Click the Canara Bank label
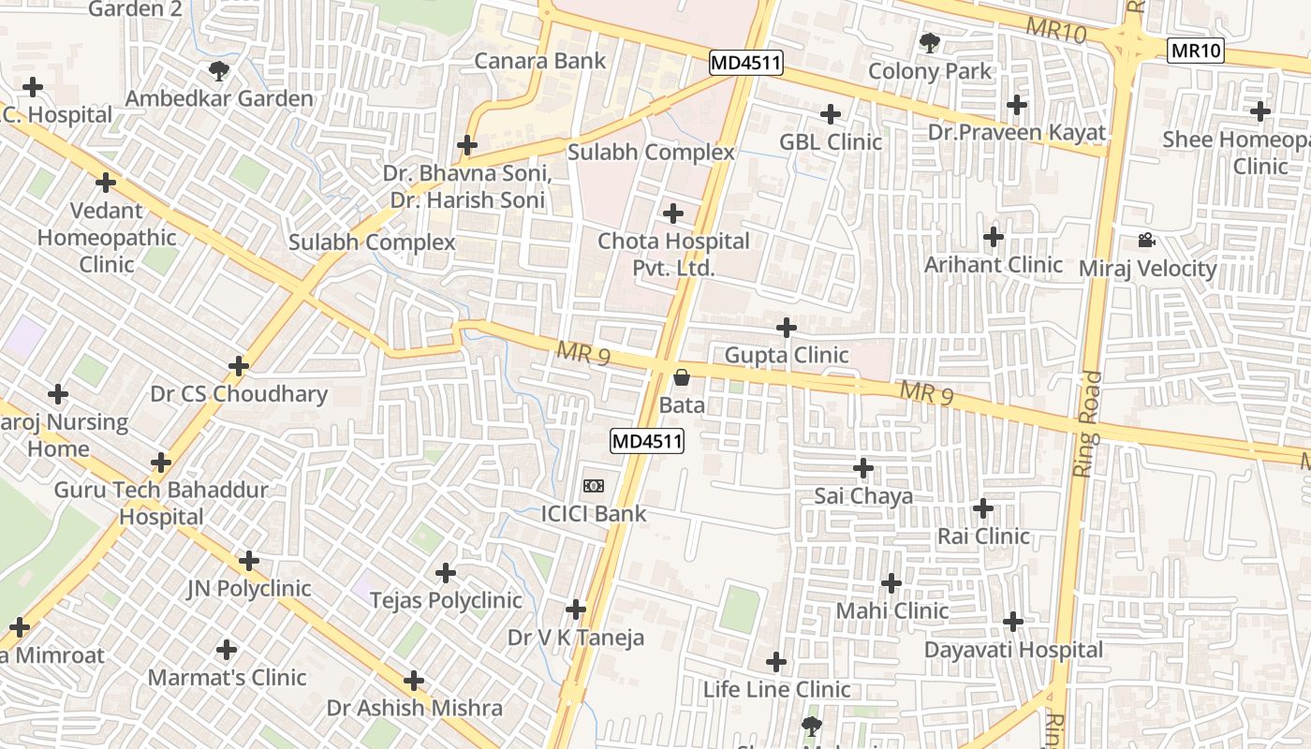click(540, 62)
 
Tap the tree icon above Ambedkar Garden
click(219, 70)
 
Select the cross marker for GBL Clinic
click(830, 114)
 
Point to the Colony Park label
click(929, 71)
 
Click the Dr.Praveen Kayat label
click(1017, 133)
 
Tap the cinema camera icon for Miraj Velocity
click(1146, 241)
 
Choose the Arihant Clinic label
click(993, 265)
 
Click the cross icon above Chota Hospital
click(672, 213)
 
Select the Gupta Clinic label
click(787, 356)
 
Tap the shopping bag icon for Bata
click(682, 377)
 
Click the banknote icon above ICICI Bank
click(593, 485)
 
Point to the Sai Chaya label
click(862, 496)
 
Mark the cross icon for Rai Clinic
click(982, 508)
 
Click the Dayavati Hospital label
click(1013, 650)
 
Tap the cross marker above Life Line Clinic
click(776, 662)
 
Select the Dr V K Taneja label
click(576, 639)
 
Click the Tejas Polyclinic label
click(446, 600)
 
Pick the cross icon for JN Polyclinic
click(248, 561)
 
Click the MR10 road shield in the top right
click(1196, 51)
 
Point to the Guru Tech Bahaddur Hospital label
click(161, 503)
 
